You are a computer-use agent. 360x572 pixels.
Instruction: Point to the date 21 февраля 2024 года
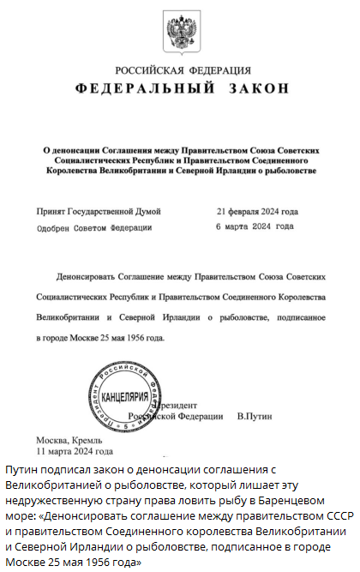[257, 211]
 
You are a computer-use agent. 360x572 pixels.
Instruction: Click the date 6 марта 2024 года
[255, 226]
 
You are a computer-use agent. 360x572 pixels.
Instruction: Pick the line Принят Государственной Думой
[98, 211]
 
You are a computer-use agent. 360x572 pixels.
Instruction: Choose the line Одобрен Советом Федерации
[94, 227]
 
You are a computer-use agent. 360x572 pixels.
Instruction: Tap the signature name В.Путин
[254, 416]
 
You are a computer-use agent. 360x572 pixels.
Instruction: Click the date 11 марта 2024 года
[75, 451]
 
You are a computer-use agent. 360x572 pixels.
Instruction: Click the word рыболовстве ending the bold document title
[289, 171]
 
